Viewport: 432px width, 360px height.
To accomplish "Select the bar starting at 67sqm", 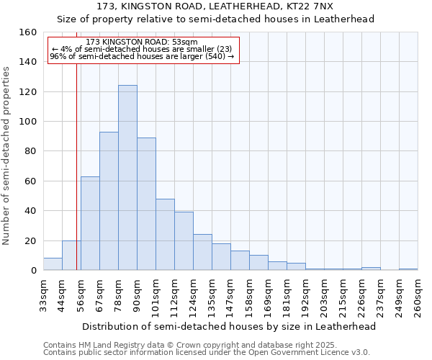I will [x=109, y=201].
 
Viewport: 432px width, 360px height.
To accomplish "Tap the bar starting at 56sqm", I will [x=90, y=223].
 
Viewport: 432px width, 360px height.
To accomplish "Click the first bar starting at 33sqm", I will [x=53, y=264].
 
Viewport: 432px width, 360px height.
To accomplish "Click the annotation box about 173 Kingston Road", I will [x=143, y=50].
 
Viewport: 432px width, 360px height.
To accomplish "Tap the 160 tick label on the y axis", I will [x=27, y=32].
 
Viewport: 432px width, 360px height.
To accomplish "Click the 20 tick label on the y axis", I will [x=30, y=240].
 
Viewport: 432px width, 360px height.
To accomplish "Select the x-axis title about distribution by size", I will [x=229, y=326].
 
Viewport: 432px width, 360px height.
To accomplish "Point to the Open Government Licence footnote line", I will [x=206, y=353].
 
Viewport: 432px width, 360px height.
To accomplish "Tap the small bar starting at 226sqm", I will [x=371, y=269].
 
